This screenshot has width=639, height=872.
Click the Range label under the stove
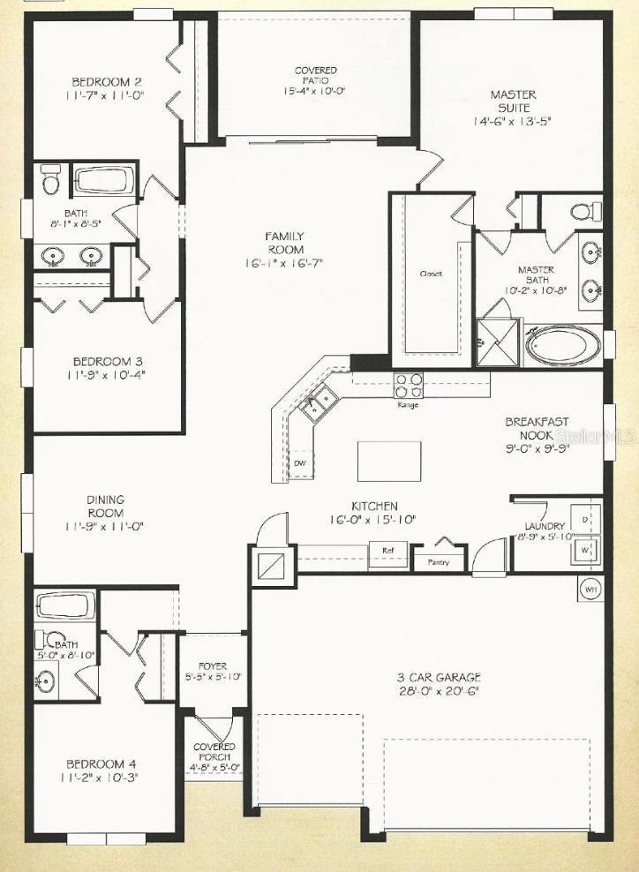point(408,405)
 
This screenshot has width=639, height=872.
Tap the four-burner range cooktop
point(408,386)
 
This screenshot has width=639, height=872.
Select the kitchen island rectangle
point(389,460)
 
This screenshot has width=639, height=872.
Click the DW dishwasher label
point(300,462)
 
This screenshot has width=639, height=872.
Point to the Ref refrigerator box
point(387,550)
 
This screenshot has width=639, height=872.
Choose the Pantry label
point(438,562)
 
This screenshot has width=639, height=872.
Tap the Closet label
point(430,274)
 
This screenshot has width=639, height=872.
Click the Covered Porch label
point(214,757)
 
